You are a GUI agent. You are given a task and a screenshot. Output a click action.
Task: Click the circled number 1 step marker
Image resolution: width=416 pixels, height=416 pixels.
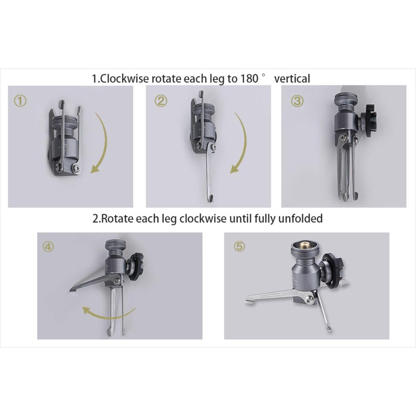point(20,101)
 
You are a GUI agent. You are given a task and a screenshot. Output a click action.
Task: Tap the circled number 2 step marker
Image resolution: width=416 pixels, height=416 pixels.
point(161,101)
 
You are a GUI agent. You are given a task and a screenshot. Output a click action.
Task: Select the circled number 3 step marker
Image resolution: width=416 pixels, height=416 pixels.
point(297,101)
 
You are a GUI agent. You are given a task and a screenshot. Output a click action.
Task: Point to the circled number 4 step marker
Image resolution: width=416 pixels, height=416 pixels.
point(48,247)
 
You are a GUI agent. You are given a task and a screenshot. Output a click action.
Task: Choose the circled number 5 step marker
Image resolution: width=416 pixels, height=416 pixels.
point(239,247)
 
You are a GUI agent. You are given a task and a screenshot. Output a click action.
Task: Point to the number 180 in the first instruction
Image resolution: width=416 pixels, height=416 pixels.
point(249,78)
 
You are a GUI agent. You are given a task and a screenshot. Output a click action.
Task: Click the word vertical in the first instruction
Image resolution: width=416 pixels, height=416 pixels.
point(292,79)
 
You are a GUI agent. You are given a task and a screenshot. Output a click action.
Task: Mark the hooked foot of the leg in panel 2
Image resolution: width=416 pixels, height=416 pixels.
point(210,197)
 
